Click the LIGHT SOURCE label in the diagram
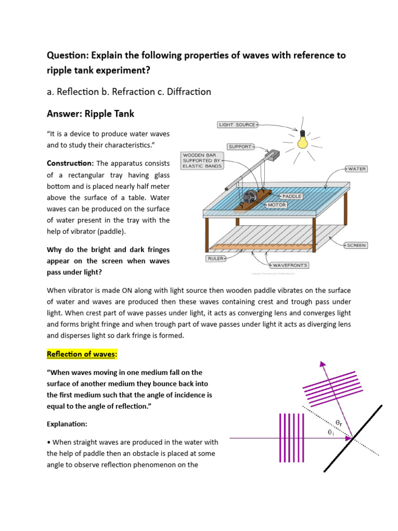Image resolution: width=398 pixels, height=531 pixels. (237, 125)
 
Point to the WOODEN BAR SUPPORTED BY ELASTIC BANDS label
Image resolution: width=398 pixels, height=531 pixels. (202, 160)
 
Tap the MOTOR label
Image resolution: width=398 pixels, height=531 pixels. (277, 205)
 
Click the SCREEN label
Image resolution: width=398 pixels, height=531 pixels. (356, 245)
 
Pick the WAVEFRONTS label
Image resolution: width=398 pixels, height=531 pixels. (290, 265)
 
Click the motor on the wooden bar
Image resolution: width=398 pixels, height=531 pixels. (250, 197)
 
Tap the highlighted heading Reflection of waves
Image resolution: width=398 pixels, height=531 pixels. (82, 354)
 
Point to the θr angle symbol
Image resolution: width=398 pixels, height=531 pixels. (338, 423)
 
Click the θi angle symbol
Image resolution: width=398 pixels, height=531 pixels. (330, 432)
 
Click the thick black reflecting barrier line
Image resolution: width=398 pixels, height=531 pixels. (352, 439)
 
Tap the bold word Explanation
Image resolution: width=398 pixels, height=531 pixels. (67, 424)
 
